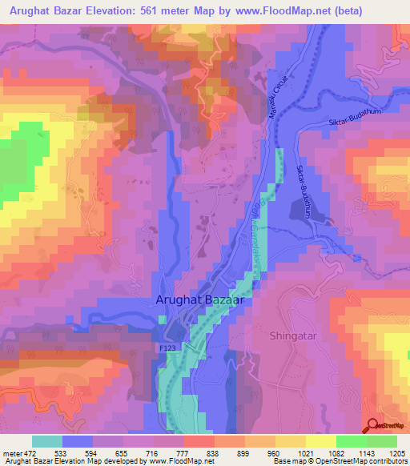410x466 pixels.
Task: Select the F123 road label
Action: tap(166, 350)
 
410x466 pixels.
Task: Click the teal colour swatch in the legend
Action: tap(47, 442)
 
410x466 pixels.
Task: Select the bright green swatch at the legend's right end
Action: tap(381, 442)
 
